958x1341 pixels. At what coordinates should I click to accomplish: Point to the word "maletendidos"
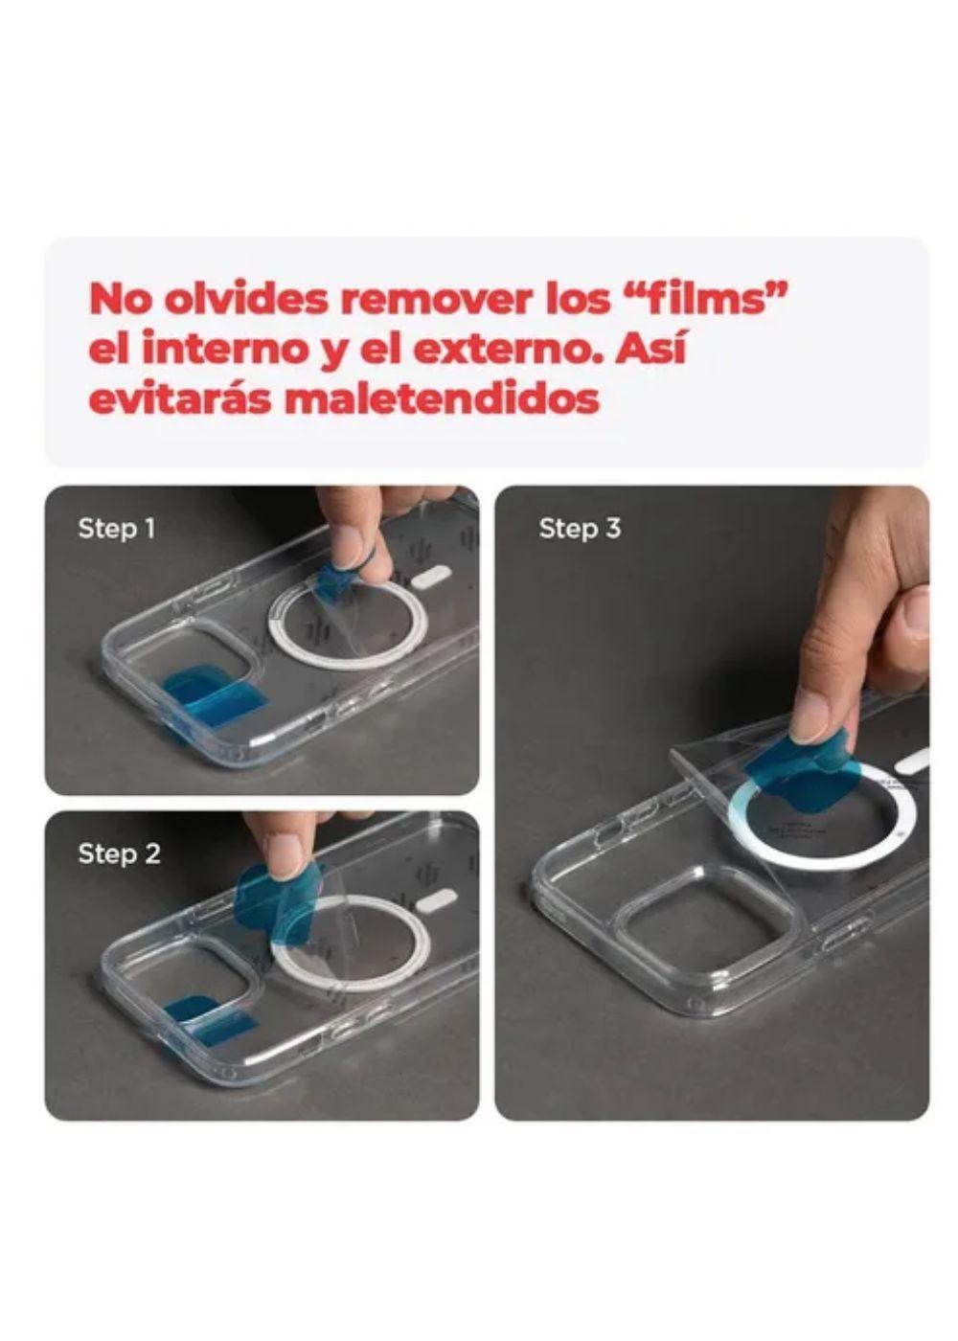(442, 398)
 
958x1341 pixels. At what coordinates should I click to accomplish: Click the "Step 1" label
(117, 528)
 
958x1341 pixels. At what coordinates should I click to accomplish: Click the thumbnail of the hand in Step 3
(920, 612)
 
